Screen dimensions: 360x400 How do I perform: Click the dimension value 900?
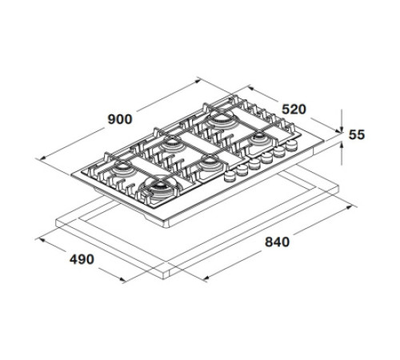tap(119, 119)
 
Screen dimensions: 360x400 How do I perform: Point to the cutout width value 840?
tap(276, 242)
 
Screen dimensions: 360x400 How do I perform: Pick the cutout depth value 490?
tap(82, 258)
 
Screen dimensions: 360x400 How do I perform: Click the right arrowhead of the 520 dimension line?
tap(329, 126)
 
